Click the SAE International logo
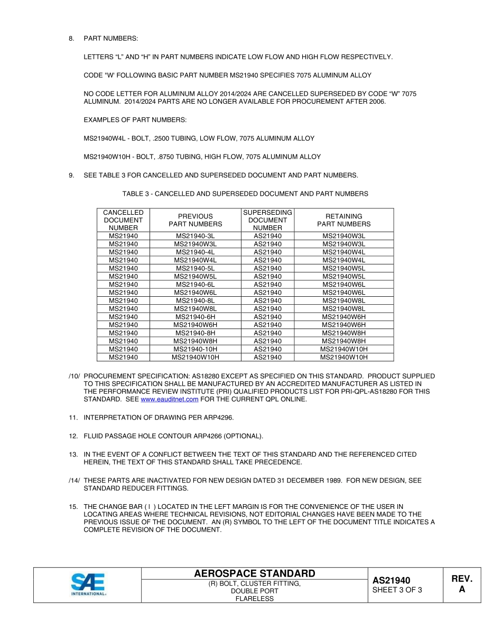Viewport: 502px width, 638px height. [88, 585]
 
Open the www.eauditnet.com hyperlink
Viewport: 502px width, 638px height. [170, 399]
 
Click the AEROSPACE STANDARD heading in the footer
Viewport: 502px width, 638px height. [254, 574]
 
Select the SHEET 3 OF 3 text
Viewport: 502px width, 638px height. [397, 590]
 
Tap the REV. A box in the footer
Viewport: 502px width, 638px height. [461, 584]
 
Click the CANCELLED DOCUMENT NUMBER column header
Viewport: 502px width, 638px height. [123, 220]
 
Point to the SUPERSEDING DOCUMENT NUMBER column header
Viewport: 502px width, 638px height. [267, 220]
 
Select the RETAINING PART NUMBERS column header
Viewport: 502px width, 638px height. [343, 220]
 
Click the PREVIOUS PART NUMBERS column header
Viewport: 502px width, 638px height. [195, 220]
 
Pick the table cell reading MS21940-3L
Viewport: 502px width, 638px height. [195, 236]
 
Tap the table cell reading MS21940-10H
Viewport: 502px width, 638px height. [195, 349]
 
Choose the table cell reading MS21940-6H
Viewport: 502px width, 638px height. [195, 317]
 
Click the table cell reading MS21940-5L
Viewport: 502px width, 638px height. [195, 268]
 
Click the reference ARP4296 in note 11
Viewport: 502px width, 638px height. [217, 418]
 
